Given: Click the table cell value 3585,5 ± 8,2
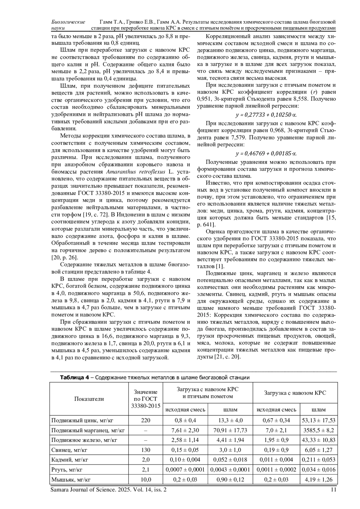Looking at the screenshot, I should tap(319, 430).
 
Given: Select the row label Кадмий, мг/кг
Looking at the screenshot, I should tap(70, 460).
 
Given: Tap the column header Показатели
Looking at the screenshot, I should tap(89, 399).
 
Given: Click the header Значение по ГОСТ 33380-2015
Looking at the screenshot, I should tap(146, 399).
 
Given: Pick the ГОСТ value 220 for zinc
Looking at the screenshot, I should tap(146, 420).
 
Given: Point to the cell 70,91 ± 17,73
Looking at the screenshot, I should tap(230, 430).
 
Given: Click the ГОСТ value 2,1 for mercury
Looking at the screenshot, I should tap(146, 469).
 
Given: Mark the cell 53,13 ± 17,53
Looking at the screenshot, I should tap(319, 420).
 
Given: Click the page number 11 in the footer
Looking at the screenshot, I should tap(333, 490).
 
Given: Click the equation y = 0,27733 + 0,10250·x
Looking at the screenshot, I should tap(266, 115).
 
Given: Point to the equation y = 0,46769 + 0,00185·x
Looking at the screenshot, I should tap(266, 154).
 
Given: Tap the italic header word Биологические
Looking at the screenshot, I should tap(68, 22).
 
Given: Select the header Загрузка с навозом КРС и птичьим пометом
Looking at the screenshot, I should tap(208, 393).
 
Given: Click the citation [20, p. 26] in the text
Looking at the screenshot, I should tap(64, 257).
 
